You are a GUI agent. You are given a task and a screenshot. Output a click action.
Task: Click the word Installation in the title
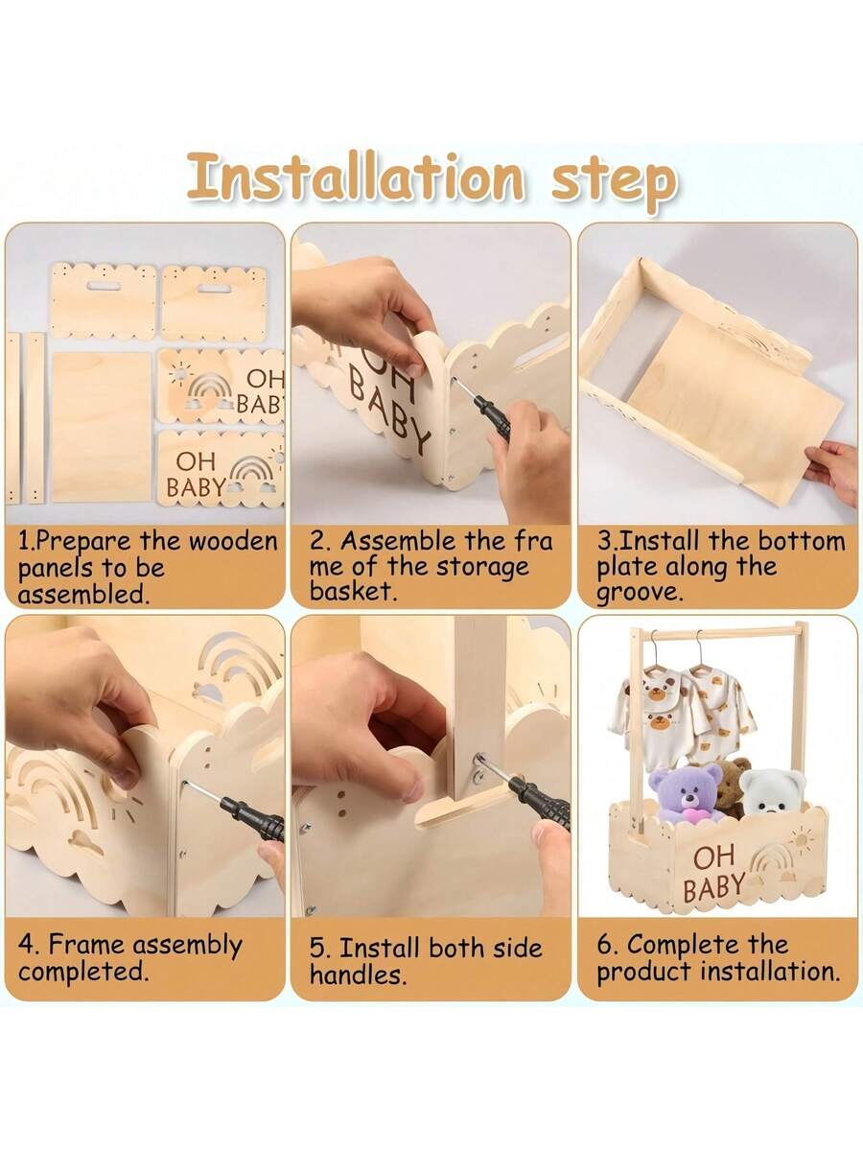[356, 176]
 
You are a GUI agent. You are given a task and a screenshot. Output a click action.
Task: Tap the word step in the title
[614, 182]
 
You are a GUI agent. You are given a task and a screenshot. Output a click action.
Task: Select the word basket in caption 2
[351, 592]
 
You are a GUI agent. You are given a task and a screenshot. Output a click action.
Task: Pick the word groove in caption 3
[640, 593]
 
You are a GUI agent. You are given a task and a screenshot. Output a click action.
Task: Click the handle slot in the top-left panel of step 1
[104, 286]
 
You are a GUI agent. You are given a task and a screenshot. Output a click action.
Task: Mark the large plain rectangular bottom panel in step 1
[102, 426]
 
